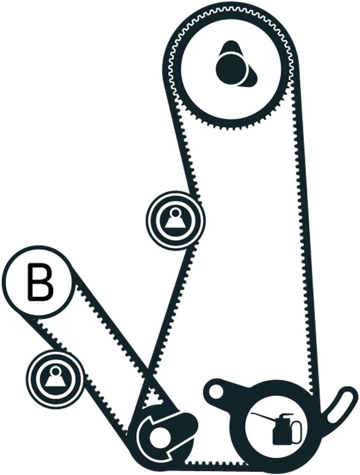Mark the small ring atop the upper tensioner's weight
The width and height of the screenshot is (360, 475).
tap(175, 213)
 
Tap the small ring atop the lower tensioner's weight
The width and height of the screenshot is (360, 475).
tap(55, 370)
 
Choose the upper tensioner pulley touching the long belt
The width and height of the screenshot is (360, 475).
tap(175, 220)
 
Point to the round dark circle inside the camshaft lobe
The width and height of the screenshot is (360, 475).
tap(231, 68)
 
